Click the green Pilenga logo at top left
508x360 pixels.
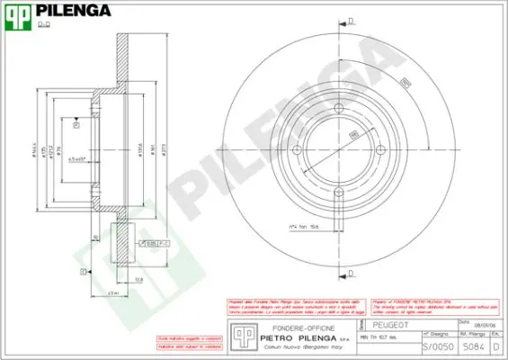(x=20, y=13)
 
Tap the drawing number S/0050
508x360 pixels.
(x=432, y=346)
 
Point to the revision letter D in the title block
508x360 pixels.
(x=496, y=346)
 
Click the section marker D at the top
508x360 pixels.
(x=351, y=21)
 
